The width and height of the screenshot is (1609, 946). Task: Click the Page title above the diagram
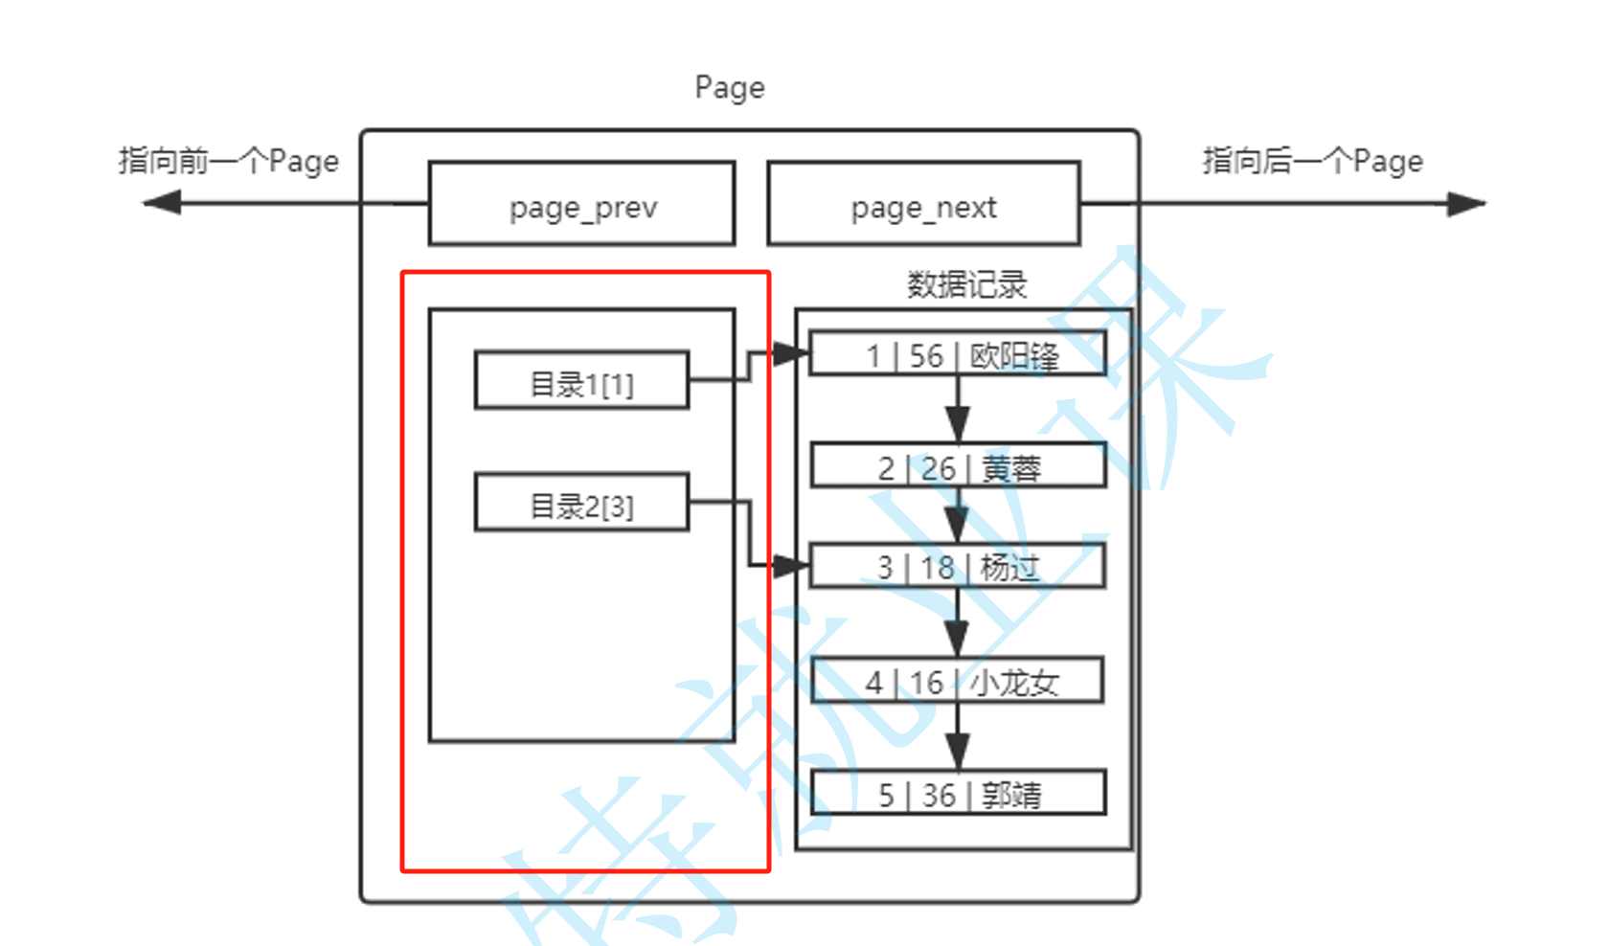pos(730,87)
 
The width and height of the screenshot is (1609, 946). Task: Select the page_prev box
pos(582,204)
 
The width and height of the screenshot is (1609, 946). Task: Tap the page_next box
pos(923,204)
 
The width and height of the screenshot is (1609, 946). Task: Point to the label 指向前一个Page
pos(228,161)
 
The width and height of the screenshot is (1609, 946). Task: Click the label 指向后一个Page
pos(1312,161)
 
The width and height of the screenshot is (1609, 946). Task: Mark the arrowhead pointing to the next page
pos(1465,204)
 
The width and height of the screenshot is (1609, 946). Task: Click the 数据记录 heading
pos(966,284)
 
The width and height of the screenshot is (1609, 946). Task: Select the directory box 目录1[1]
pos(581,381)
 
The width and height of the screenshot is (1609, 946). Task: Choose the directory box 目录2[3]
pos(581,503)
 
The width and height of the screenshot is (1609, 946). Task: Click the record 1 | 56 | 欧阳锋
pos(958,354)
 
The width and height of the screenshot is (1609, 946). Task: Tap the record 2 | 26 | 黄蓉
pos(958,466)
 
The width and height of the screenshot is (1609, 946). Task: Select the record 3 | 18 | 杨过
pos(958,566)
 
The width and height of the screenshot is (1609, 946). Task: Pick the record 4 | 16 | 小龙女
pos(958,681)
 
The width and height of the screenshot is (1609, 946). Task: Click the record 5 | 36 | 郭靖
pos(958,793)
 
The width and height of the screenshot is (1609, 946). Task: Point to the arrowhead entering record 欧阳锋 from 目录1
pos(791,354)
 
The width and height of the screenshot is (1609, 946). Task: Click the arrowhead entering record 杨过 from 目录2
pos(791,566)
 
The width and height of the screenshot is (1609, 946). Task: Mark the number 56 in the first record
pos(926,355)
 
